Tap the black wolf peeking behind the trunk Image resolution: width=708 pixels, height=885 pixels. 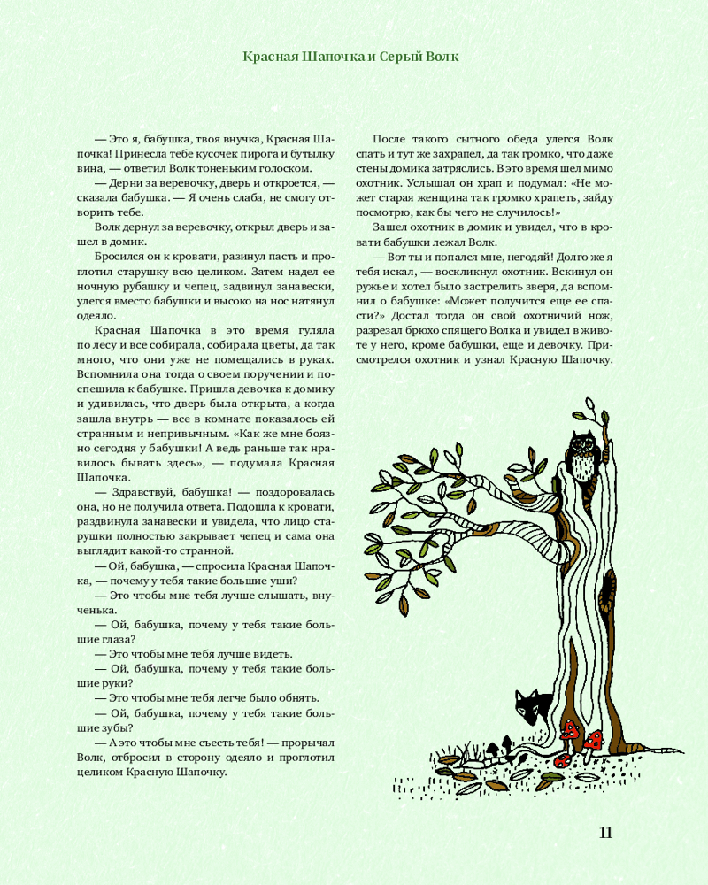tap(533, 707)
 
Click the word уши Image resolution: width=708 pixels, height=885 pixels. tap(282, 581)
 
